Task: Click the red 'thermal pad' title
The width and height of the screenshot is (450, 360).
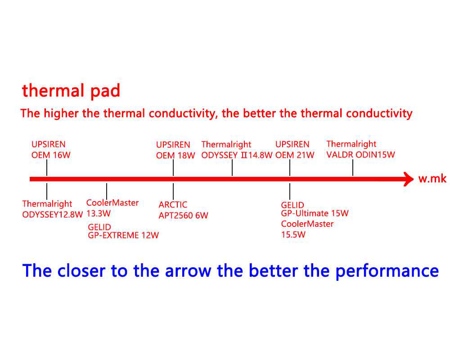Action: point(71,91)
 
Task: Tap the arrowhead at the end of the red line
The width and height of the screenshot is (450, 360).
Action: point(408,179)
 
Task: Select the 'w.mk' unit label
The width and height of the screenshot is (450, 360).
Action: point(432,179)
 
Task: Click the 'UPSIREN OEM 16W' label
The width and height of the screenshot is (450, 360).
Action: point(51,150)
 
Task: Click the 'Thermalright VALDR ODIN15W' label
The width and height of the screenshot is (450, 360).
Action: point(360,149)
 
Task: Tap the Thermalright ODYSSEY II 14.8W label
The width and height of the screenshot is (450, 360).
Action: point(237,150)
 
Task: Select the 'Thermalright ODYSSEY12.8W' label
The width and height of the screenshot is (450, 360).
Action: point(53,209)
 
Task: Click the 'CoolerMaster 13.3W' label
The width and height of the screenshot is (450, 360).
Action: point(112,207)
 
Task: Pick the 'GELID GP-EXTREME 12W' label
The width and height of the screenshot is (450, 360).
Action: point(123,231)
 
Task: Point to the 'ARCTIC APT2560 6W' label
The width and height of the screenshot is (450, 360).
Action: point(183,210)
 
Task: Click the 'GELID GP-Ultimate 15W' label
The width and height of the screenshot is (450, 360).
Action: point(315,210)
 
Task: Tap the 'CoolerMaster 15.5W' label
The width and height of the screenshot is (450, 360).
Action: point(307,229)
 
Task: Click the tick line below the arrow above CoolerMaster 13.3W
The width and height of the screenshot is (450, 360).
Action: point(107,189)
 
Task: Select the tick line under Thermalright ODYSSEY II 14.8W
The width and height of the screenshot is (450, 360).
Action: point(232,169)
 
